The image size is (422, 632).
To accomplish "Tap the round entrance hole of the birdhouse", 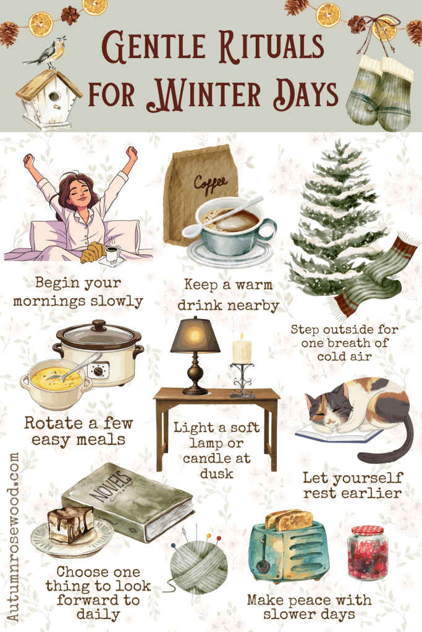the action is pyautogui.click(x=54, y=97).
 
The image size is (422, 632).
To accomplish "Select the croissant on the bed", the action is pyautogui.click(x=93, y=252).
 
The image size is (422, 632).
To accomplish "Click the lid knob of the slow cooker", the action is pyautogui.click(x=99, y=325).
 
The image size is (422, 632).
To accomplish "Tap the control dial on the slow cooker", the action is pyautogui.click(x=98, y=370).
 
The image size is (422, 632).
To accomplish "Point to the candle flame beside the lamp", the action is pyautogui.click(x=242, y=336).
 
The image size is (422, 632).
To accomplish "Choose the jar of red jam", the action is pyautogui.click(x=367, y=552).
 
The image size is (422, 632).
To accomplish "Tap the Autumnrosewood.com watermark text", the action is pyautogui.click(x=13, y=537).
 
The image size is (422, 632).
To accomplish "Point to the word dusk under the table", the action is pyautogui.click(x=217, y=473).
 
